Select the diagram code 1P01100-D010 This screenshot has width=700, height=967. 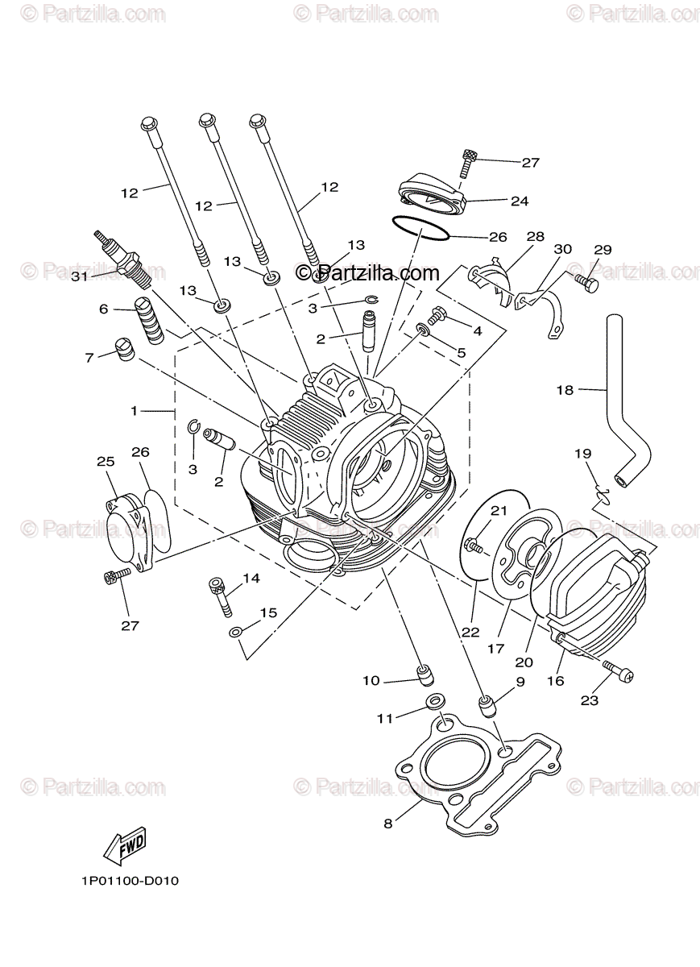click(x=130, y=881)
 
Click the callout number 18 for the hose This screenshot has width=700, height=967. click(x=565, y=390)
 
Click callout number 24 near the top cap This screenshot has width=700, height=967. click(x=519, y=201)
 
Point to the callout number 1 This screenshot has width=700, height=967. click(x=136, y=410)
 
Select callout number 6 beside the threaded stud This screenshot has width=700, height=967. click(x=104, y=309)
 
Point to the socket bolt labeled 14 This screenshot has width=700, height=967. click(x=219, y=596)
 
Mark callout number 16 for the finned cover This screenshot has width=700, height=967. click(x=556, y=681)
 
